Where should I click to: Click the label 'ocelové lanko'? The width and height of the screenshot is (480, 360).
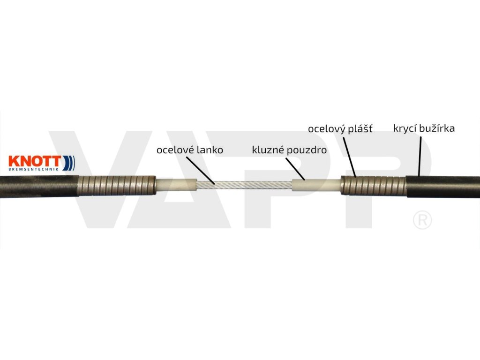pyautogui.click(x=189, y=150)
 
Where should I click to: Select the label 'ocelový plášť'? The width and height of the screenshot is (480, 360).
pyautogui.click(x=340, y=128)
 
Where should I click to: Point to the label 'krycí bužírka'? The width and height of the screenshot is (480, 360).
pyautogui.click(x=424, y=127)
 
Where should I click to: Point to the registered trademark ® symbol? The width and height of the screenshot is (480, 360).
pyautogui.click(x=422, y=220)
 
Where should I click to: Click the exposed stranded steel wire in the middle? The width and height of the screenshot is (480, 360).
pyautogui.click(x=244, y=186)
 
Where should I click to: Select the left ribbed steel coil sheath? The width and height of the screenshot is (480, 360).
pyautogui.click(x=118, y=185)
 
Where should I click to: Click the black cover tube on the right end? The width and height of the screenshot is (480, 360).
pyautogui.click(x=443, y=187)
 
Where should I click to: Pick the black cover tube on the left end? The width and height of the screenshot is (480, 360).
pyautogui.click(x=37, y=186)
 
